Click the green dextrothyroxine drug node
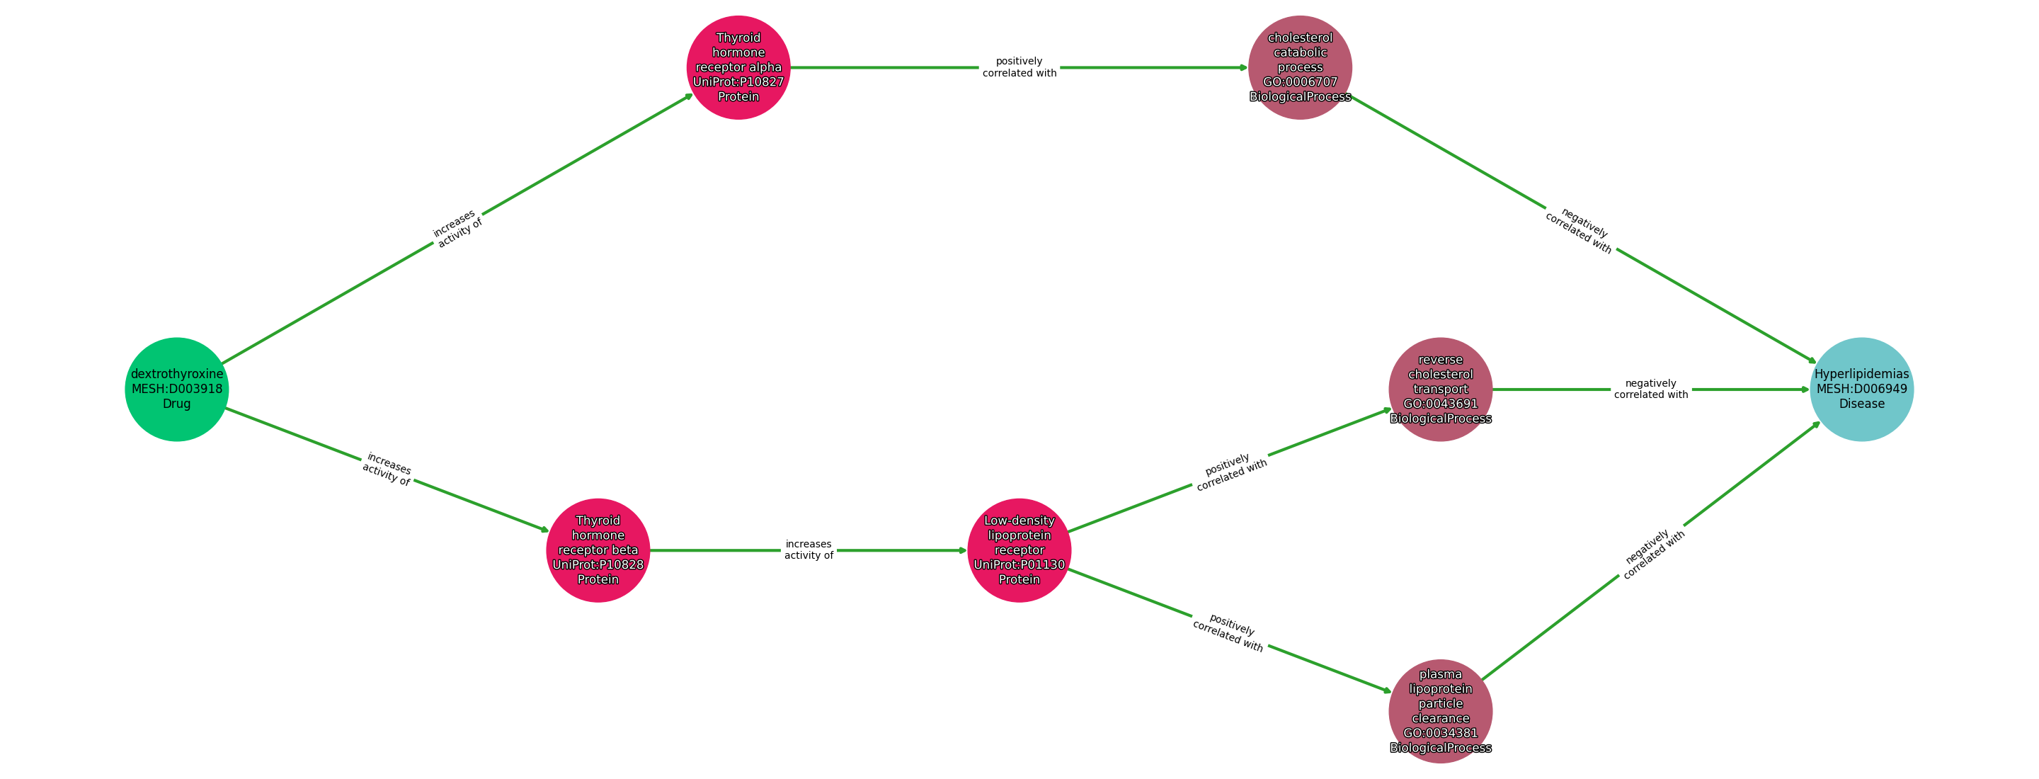176,389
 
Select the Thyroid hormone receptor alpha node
738,67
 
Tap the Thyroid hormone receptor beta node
598,550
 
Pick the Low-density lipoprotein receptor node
1019,550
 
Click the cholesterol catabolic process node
1300,67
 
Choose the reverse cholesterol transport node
1440,389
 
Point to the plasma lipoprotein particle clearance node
1440,711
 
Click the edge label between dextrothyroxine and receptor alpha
457,228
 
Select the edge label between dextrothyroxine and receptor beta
387,470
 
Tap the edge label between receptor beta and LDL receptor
808,550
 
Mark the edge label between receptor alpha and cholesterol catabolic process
1019,67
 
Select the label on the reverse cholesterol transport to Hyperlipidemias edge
1650,389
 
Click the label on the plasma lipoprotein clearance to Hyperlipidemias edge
1652,553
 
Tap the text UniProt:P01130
1019,564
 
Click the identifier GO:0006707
1300,82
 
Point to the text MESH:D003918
176,389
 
